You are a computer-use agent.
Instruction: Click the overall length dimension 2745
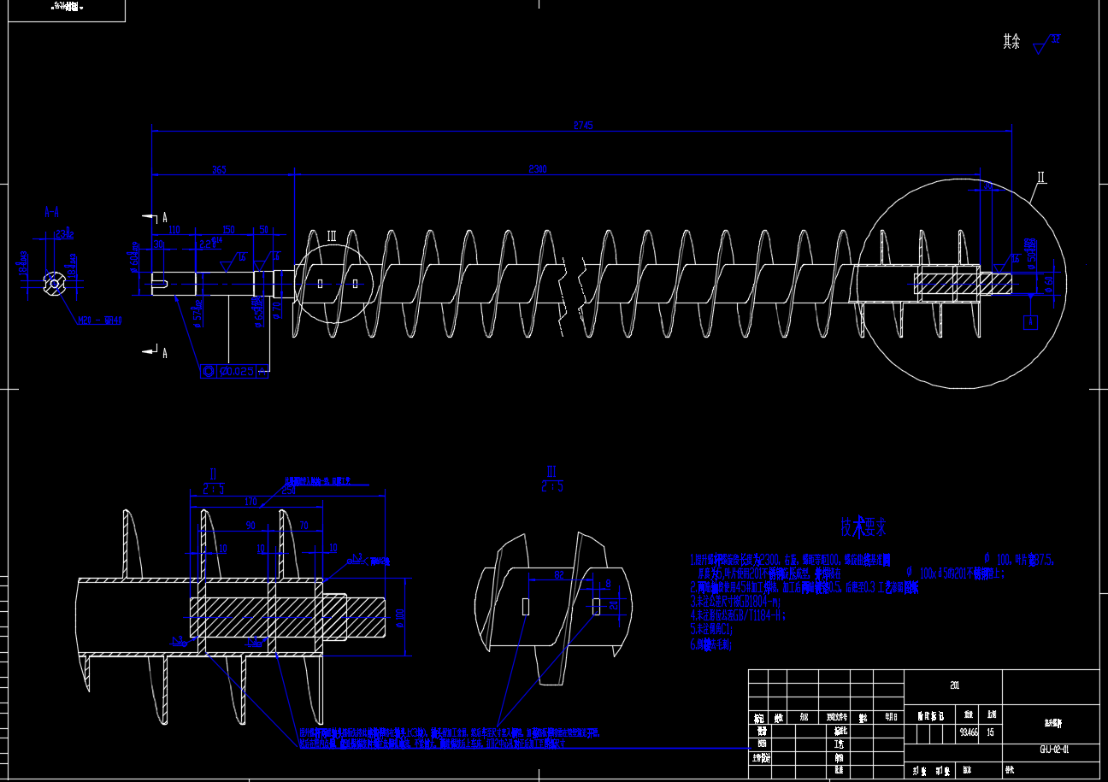584,126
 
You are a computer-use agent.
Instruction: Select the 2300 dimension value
538,169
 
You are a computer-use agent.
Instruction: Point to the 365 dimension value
219,170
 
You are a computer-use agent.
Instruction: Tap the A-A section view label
51,210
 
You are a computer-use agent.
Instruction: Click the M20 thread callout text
99,321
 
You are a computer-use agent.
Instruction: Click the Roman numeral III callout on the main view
332,237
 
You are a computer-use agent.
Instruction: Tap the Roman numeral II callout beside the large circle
1041,179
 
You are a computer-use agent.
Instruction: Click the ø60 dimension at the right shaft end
1048,281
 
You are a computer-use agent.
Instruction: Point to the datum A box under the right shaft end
1031,322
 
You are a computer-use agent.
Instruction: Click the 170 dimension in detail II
250,502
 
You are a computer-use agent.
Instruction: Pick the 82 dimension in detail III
559,575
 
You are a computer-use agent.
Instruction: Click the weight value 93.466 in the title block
969,732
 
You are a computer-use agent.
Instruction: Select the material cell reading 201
954,685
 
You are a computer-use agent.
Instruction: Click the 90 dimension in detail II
250,525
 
